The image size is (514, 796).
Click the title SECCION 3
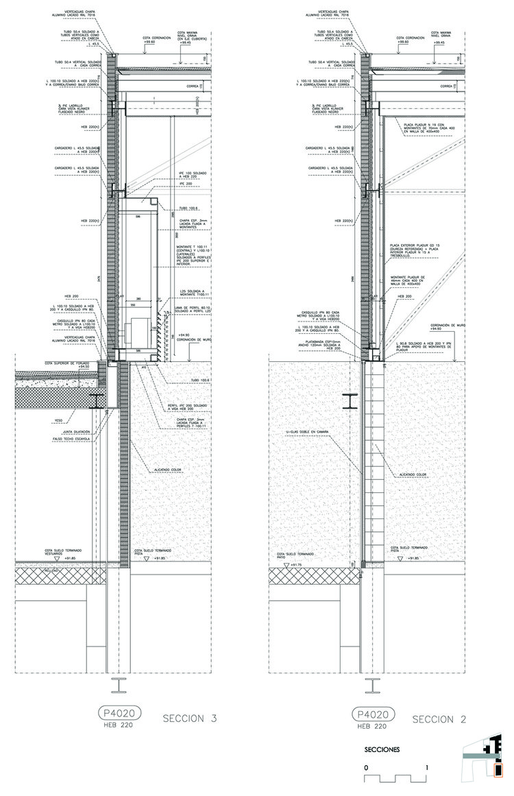[190, 719]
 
